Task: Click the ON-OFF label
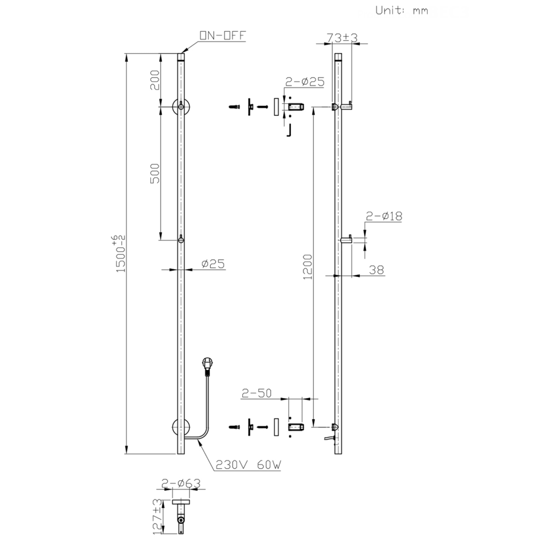pyautogui.click(x=223, y=35)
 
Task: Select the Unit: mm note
pyautogui.click(x=401, y=10)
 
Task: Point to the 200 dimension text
pyautogui.click(x=154, y=80)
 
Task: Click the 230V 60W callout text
pyautogui.click(x=248, y=464)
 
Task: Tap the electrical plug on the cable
pyautogui.click(x=208, y=365)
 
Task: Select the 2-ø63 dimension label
pyautogui.click(x=181, y=483)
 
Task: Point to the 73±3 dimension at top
pyautogui.click(x=341, y=37)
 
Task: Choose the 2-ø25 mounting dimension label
pyautogui.click(x=304, y=82)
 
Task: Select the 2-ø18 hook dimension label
pyautogui.click(x=384, y=216)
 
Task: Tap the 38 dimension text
pyautogui.click(x=376, y=270)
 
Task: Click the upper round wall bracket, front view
pyautogui.click(x=181, y=107)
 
